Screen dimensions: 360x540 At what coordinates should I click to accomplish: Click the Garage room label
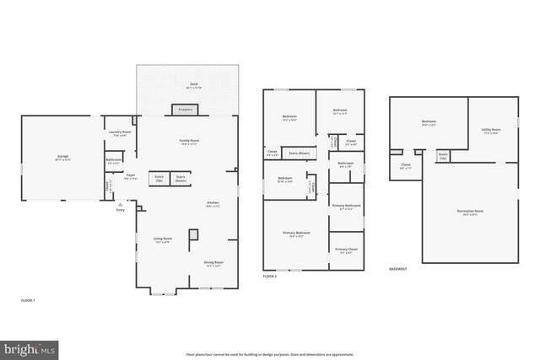(62, 157)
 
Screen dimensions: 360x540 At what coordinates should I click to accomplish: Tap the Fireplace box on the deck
(184, 109)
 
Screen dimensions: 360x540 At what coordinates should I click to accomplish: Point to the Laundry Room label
(120, 132)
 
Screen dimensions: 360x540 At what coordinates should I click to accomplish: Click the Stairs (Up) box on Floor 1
(158, 178)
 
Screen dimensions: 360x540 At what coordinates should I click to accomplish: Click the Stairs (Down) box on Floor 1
(181, 178)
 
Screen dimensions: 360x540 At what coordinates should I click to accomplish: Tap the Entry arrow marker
(121, 203)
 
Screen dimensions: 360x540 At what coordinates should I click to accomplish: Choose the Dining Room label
(213, 262)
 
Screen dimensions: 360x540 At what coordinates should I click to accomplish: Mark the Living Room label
(163, 239)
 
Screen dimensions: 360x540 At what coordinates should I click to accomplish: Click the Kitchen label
(213, 203)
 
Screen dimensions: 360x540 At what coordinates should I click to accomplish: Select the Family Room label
(188, 141)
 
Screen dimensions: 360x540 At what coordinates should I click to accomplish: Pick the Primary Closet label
(346, 250)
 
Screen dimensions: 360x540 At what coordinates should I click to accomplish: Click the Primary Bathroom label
(346, 206)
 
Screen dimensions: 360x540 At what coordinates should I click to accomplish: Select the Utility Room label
(490, 130)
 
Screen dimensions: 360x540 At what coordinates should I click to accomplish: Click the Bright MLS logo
(30, 347)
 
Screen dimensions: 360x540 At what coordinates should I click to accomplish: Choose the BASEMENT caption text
(397, 269)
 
